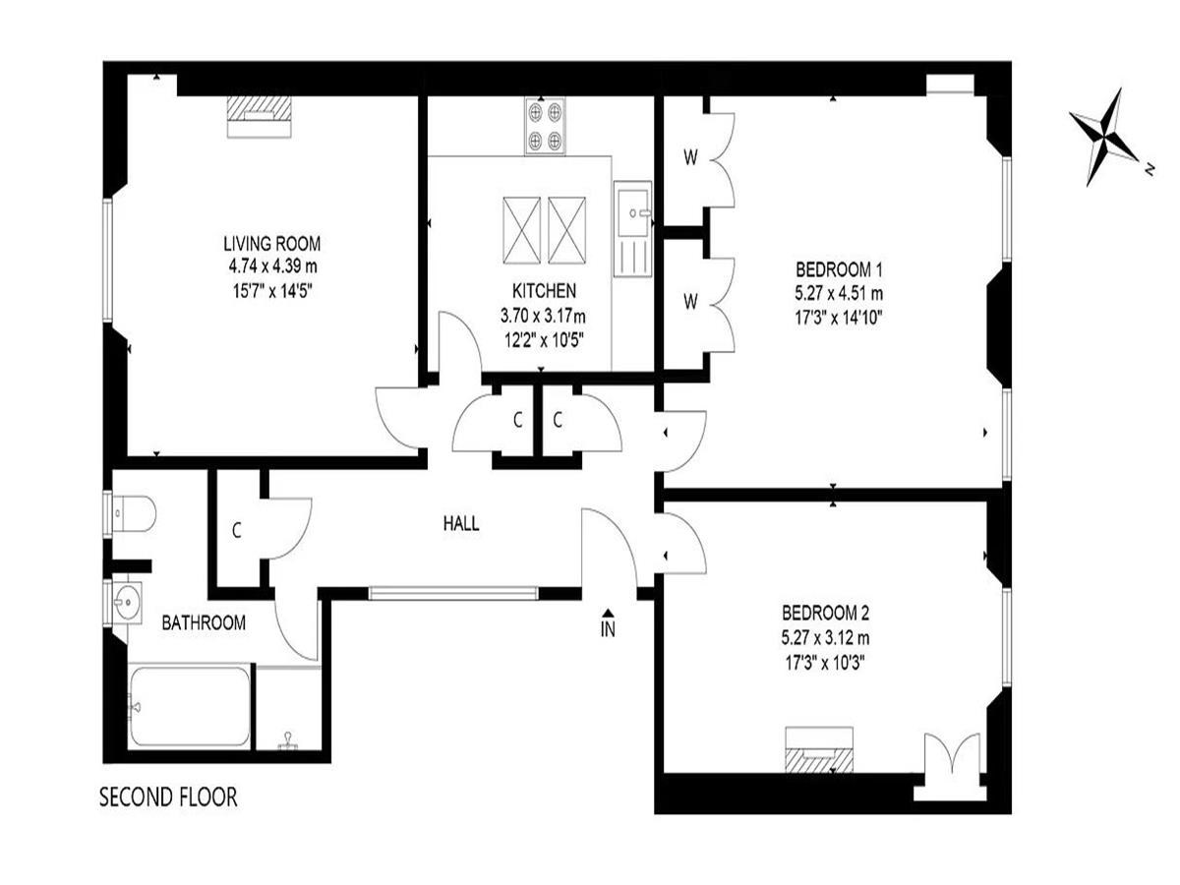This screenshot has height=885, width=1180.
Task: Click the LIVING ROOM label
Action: (x=272, y=244)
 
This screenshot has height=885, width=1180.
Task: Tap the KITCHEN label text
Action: (x=544, y=291)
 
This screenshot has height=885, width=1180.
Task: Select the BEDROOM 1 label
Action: (x=839, y=268)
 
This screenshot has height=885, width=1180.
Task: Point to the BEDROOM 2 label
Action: (x=825, y=613)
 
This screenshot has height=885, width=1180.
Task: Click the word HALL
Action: (x=461, y=523)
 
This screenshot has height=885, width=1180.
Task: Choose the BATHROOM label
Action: (x=204, y=622)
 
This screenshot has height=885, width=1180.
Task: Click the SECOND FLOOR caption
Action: (x=168, y=796)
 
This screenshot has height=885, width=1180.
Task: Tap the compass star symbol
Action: (x=1104, y=138)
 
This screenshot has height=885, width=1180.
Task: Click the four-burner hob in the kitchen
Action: (x=545, y=126)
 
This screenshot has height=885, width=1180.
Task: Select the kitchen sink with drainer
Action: (x=632, y=229)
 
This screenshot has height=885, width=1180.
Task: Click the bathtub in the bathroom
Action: (x=189, y=707)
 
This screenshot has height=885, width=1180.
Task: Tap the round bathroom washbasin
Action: (x=126, y=603)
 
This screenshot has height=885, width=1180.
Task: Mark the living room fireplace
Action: (x=260, y=117)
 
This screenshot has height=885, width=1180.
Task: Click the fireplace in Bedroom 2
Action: (x=819, y=749)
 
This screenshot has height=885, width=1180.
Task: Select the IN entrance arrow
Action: (x=608, y=613)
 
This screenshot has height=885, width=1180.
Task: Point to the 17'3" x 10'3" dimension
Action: (x=825, y=664)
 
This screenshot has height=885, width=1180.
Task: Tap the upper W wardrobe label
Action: (x=691, y=158)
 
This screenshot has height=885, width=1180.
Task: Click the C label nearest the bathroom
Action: (x=237, y=531)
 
